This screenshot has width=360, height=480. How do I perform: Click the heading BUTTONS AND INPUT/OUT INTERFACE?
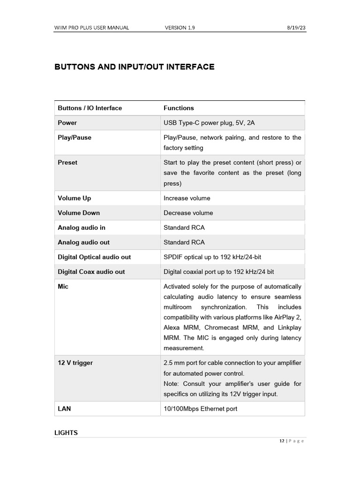[135, 67]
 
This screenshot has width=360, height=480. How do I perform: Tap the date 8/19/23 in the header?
[296, 28]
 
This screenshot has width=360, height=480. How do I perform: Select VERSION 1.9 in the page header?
[180, 28]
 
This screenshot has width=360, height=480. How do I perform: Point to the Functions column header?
[179, 108]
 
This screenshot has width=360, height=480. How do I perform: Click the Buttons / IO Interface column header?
[90, 108]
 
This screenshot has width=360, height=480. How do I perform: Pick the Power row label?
[67, 123]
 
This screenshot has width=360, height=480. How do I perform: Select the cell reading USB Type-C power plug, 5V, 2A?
[209, 123]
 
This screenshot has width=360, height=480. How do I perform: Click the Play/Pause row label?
[75, 138]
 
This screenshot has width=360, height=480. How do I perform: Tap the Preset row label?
[67, 163]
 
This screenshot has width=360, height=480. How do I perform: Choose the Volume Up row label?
[75, 198]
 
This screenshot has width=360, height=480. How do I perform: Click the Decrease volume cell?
[188, 213]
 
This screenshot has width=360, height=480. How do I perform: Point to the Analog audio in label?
[82, 228]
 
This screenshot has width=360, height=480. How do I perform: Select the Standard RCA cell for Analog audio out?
[184, 242]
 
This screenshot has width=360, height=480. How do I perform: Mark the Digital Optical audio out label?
[94, 257]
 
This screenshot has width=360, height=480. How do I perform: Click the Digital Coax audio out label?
[91, 272]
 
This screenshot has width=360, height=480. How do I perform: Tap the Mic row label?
[63, 286]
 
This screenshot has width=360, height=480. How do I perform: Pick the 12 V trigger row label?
[75, 363]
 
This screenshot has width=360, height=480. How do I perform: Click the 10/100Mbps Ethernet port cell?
[200, 409]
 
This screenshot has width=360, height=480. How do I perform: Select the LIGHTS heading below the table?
[66, 433]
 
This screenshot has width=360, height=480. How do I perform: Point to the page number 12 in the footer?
[282, 441]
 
